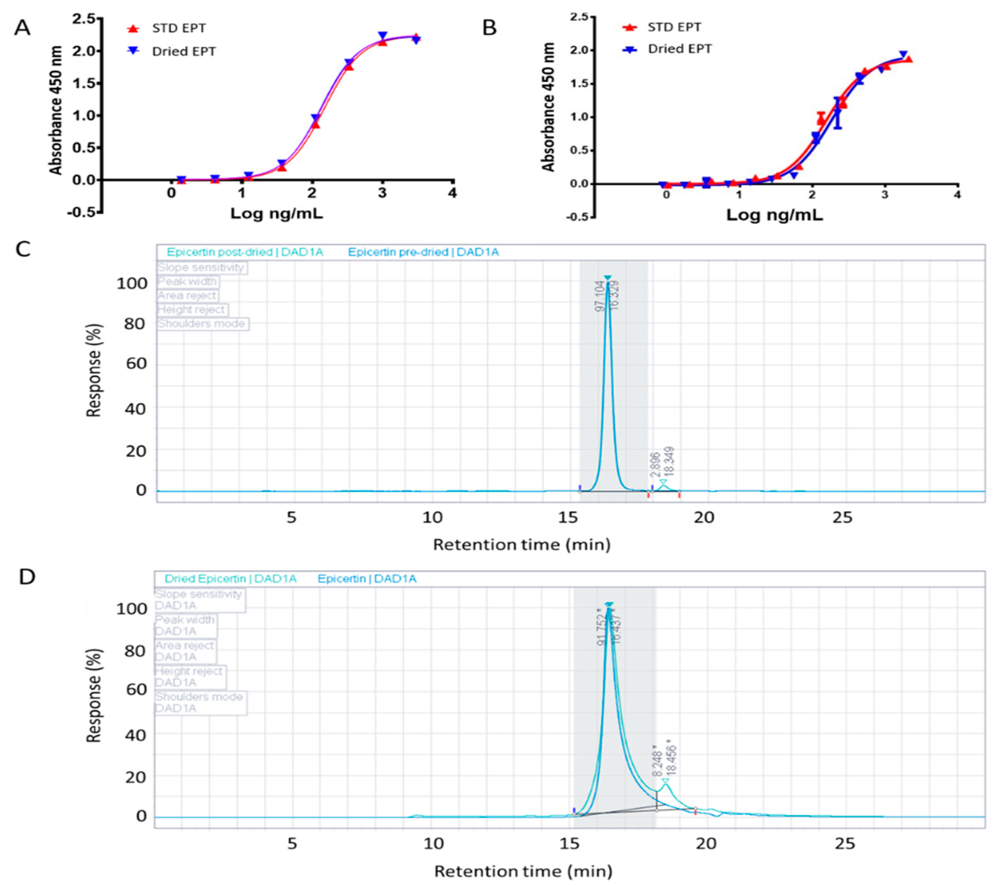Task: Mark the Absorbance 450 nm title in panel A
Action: point(56,110)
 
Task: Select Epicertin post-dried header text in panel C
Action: point(244,252)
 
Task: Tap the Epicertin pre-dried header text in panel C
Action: point(423,252)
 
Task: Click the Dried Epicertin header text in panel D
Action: point(230,579)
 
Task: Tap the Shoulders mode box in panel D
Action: point(200,702)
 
